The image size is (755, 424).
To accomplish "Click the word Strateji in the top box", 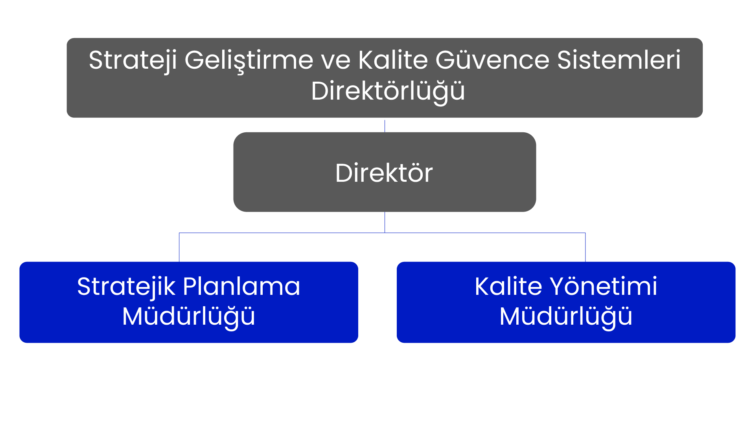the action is [x=133, y=61].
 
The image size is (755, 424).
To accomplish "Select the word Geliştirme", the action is [x=249, y=61].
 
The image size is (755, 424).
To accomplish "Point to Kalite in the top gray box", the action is [x=393, y=60].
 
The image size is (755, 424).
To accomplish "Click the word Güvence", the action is [x=492, y=60].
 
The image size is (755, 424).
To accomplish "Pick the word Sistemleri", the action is [x=619, y=60].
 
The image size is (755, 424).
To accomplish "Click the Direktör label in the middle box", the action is [x=384, y=173].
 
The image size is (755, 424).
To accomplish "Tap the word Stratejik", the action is [x=126, y=287].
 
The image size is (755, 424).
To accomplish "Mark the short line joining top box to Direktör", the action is [x=385, y=126].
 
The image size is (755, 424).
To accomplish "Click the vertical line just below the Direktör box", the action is [x=385, y=222].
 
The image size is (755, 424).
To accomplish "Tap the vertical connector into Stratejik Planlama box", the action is [x=179, y=247].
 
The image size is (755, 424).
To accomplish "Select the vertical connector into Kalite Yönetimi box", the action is [x=585, y=247].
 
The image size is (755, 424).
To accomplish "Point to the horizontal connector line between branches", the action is [x=382, y=233].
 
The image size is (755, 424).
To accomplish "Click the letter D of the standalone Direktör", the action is [x=344, y=173].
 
